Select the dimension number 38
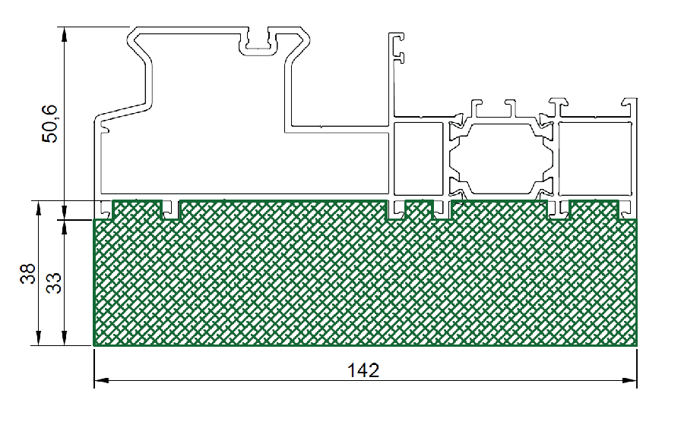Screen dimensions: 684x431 point(28,274)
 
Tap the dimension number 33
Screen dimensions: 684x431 point(54,283)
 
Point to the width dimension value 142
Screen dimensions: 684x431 point(363,370)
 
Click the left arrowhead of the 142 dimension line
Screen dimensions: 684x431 point(101,380)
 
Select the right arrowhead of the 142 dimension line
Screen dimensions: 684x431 point(629,380)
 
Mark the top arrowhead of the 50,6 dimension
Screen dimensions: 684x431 point(64,34)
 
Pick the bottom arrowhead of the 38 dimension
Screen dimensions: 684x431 point(39,338)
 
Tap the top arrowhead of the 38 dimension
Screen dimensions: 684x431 point(39,208)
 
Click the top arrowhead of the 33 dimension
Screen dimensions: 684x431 point(64,227)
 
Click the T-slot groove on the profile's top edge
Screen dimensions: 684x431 point(258,42)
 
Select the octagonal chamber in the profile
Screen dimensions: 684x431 point(502,159)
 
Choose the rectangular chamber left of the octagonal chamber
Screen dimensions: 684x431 point(418,159)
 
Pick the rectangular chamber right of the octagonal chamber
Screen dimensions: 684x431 point(595,159)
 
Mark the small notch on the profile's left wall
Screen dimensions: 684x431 point(104,127)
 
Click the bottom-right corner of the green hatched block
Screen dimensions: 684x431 point(636,346)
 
